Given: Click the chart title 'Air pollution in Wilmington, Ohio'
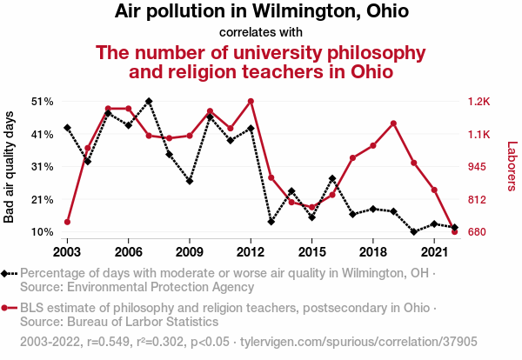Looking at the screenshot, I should coord(261,12).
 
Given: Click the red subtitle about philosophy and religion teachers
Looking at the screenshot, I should coord(261,62).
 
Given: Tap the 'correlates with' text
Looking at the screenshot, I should coord(261,32).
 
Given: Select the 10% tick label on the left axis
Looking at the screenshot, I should coord(43,232).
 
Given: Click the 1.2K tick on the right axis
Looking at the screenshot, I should coord(479,102).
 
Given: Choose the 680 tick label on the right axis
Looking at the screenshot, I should coord(478,232).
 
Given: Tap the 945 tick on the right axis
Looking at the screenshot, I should coord(478,167).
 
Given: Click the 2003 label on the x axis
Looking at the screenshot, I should coord(67,251).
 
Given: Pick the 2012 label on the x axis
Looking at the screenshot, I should coord(251,251).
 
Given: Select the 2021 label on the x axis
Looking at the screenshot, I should coord(434,251).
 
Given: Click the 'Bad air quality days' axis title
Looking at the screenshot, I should coord(10,167).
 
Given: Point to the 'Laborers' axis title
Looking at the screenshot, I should coord(511,167).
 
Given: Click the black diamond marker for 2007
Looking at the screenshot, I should coord(149,101).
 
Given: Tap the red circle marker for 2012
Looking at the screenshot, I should coord(251,101).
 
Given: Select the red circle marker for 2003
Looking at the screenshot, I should coord(67,222).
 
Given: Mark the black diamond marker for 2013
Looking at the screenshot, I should coord(271,222).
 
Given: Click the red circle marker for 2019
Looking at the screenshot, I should coord(394,123).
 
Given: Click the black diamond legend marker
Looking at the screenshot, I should coord(7,273).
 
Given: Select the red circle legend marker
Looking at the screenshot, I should coord(7,308).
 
